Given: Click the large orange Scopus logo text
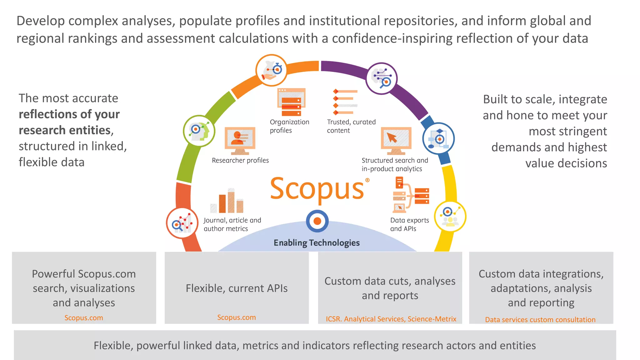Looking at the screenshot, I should point(317,189).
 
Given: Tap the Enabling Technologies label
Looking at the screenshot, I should point(317,243).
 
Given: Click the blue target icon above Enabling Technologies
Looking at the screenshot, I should point(317,221).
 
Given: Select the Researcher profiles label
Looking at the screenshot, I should point(240,160).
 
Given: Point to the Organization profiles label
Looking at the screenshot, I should point(289,126).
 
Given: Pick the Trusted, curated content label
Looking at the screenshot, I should point(351,126).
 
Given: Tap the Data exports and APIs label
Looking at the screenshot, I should point(409,224).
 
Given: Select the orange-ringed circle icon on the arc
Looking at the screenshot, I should point(271,70).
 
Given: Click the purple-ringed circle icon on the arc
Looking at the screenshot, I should point(381,78).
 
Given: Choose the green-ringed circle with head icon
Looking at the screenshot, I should point(199,131).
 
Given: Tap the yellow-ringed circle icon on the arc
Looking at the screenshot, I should point(450,217).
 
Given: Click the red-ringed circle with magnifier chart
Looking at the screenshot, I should point(182,223).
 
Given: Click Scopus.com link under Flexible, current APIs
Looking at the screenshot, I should point(236,317).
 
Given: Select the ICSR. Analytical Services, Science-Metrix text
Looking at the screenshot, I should point(391,319).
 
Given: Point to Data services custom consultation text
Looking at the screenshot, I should point(540,320).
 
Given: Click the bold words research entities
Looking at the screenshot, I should point(64,130).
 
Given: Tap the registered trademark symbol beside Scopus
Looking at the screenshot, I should point(367,180).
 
